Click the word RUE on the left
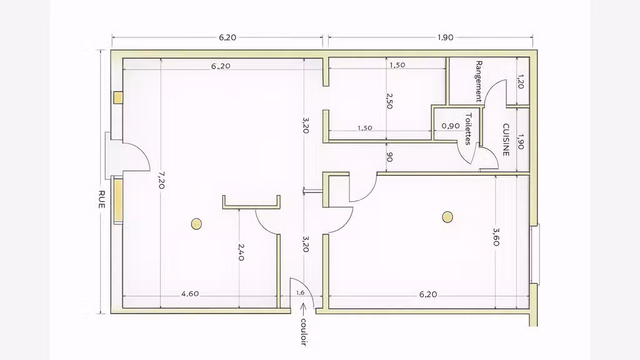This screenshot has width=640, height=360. pyautogui.click(x=102, y=199)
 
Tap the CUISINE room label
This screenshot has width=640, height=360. pyautogui.click(x=506, y=140)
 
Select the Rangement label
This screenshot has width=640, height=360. pyautogui.click(x=479, y=82)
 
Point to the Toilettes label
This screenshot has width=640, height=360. pyautogui.click(x=468, y=129)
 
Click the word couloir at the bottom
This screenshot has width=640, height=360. pyautogui.click(x=303, y=332)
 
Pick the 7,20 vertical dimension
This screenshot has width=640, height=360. pyautogui.click(x=161, y=180)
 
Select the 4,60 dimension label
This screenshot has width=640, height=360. pyautogui.click(x=190, y=294)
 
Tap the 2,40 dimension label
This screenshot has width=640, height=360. pyautogui.click(x=241, y=252)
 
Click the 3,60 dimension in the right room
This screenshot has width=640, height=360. pyautogui.click(x=496, y=237)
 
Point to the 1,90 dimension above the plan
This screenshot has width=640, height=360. pyautogui.click(x=445, y=37)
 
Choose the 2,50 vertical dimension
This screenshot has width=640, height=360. pyautogui.click(x=389, y=101)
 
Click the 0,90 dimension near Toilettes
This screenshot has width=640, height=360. pyautogui.click(x=451, y=126)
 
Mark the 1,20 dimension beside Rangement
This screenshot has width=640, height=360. pyautogui.click(x=520, y=81)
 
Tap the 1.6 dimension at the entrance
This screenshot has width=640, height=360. pyautogui.click(x=300, y=292)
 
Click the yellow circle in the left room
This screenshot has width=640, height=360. pyautogui.click(x=196, y=224)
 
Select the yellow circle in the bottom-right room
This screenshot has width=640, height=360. pyautogui.click(x=447, y=217)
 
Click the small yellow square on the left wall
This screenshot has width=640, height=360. pyautogui.click(x=118, y=97)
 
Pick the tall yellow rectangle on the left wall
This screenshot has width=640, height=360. pyautogui.click(x=118, y=201)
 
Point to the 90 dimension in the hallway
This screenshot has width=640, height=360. pyautogui.click(x=389, y=157)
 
